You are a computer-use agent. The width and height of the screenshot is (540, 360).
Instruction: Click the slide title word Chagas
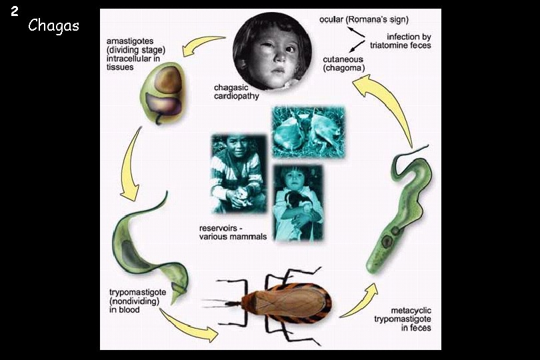click(x=53, y=26)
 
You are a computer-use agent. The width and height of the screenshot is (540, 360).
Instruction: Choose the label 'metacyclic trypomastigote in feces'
click(x=401, y=318)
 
